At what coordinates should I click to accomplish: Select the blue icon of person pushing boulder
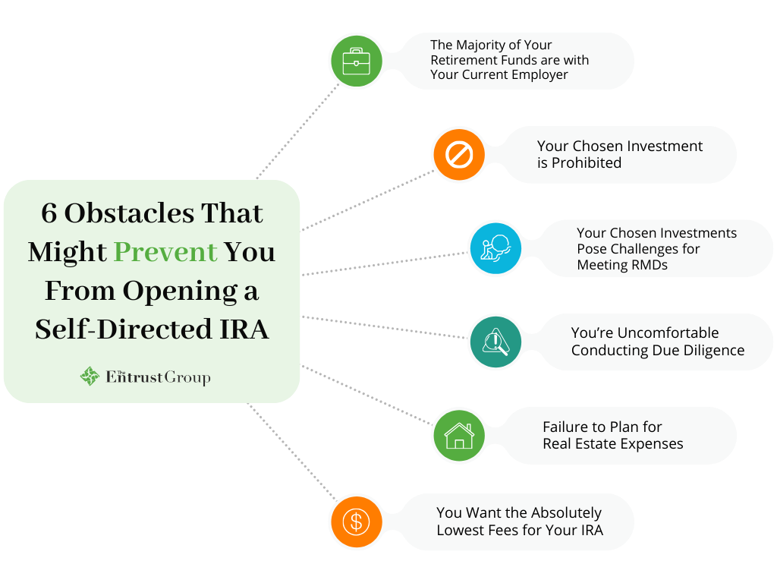point(495,248)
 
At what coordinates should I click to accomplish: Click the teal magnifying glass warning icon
point(495,342)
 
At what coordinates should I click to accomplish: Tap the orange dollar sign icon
point(356,522)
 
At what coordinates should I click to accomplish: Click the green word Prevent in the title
point(165,252)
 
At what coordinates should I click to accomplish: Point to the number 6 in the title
point(49,213)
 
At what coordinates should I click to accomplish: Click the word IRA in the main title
point(245,330)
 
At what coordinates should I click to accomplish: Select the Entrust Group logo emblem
point(90,377)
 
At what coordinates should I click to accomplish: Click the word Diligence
point(710,350)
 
